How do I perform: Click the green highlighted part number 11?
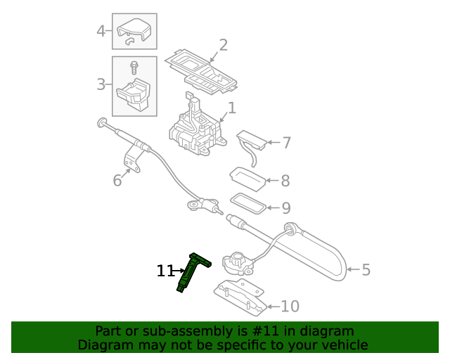pyautogui.click(x=192, y=273)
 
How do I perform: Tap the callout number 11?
pyautogui.click(x=165, y=271)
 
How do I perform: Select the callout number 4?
pyautogui.click(x=101, y=31)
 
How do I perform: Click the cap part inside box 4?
pyautogui.click(x=134, y=31)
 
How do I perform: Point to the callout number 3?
pyautogui.click(x=101, y=85)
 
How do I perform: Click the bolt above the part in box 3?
pyautogui.click(x=132, y=67)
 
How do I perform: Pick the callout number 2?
pyautogui.click(x=223, y=46)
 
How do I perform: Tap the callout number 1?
pyautogui.click(x=231, y=108)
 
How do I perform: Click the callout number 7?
pyautogui.click(x=285, y=143)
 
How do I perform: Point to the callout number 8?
pyautogui.click(x=285, y=181)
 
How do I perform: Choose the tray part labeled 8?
pyautogui.click(x=247, y=176)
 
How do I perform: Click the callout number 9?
pyautogui.click(x=285, y=208)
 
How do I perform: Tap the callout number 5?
pyautogui.click(x=365, y=269)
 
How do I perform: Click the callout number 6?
pyautogui.click(x=117, y=181)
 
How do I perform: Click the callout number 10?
pyautogui.click(x=290, y=307)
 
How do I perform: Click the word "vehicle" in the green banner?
pyautogui.click(x=343, y=345)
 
